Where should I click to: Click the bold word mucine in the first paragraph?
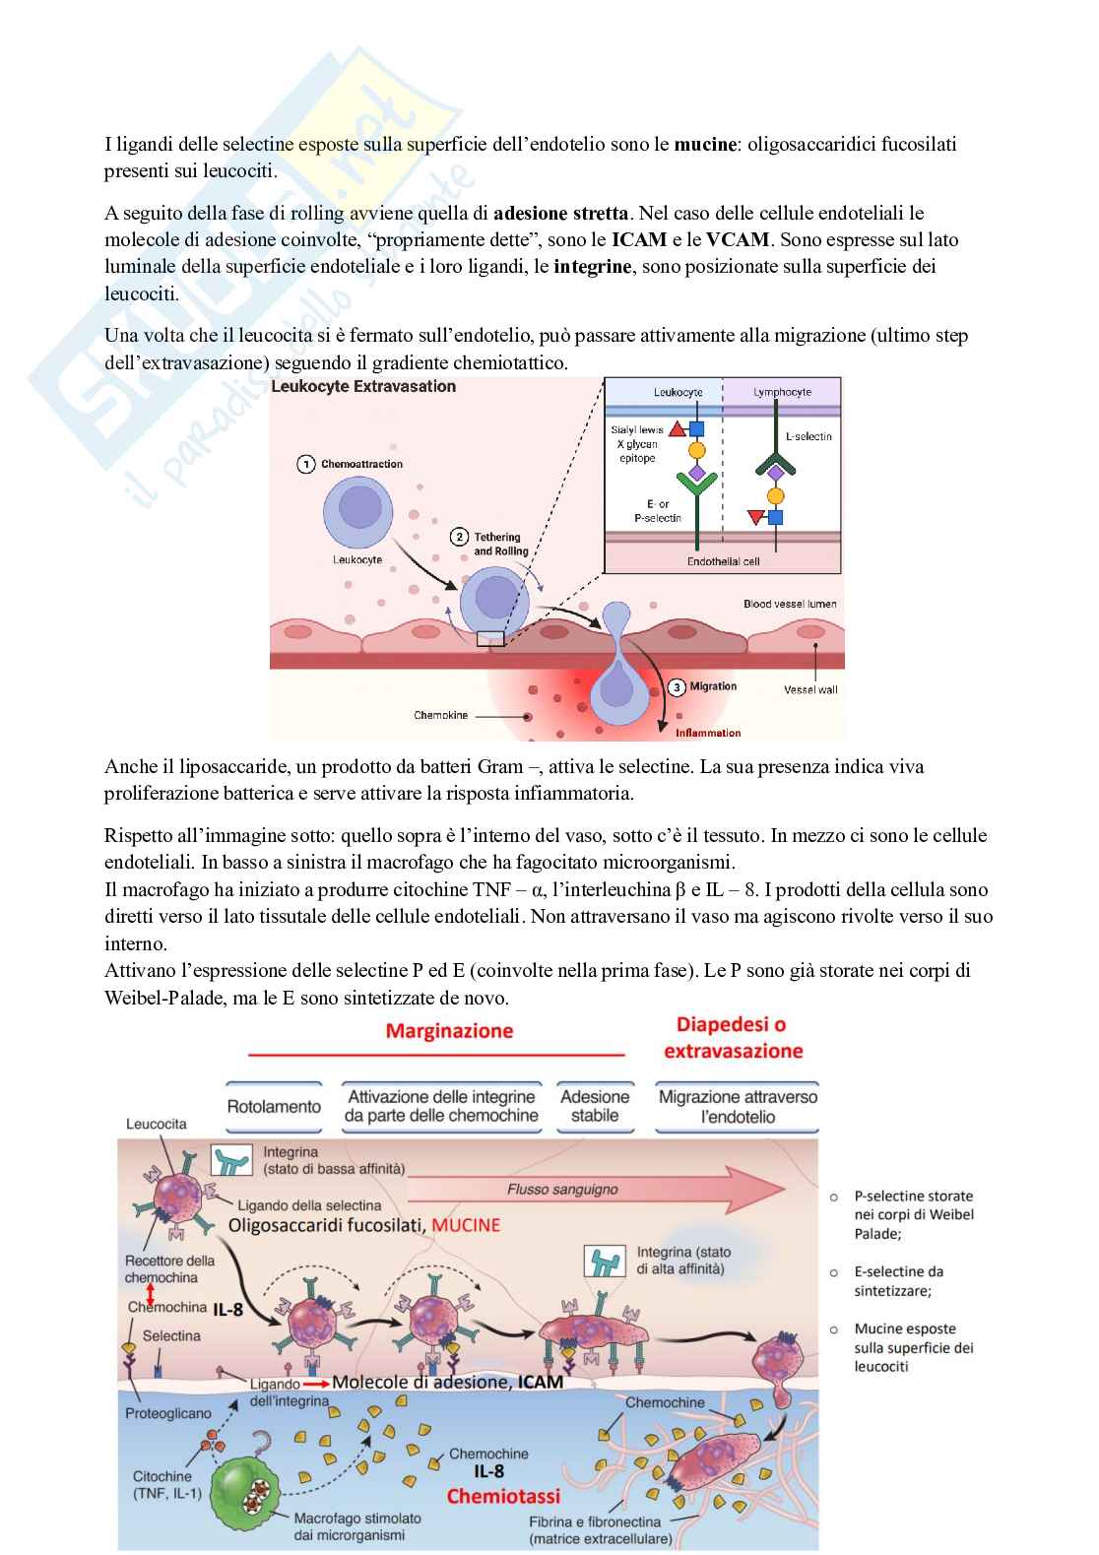tap(705, 145)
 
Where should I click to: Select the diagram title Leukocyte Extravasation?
tap(363, 387)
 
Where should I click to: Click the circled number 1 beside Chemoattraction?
tap(306, 464)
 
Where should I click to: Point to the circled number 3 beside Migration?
tap(677, 687)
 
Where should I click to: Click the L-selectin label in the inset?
tap(808, 436)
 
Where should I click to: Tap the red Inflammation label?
tap(708, 733)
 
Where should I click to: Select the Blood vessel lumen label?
tap(790, 604)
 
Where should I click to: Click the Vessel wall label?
tap(810, 689)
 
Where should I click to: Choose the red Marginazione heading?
tap(449, 1031)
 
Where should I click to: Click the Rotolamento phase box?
tap(274, 1107)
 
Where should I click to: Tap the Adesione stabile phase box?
tap(595, 1107)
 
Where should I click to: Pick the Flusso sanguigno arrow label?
tap(562, 1190)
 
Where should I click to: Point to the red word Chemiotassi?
tap(503, 1496)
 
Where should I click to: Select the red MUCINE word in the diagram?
tap(466, 1226)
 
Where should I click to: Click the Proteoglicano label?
tap(168, 1414)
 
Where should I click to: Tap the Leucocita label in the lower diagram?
tap(156, 1125)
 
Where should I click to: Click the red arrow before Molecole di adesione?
tap(315, 1383)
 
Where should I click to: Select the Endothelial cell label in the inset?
tap(723, 561)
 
